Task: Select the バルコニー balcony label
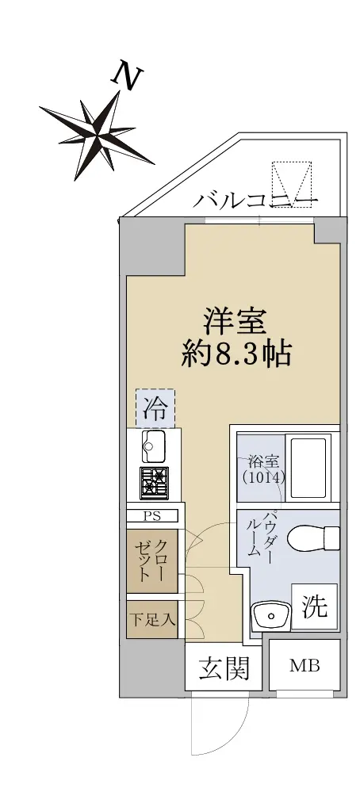point(256,201)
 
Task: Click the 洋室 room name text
point(235,322)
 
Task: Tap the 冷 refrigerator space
point(155,408)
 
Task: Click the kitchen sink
point(155,446)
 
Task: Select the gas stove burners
point(155,482)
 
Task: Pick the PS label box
point(152,515)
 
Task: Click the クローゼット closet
point(152,561)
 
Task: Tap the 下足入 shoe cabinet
point(152,619)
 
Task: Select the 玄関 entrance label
point(224,668)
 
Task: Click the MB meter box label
point(304,666)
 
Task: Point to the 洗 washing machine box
point(314,606)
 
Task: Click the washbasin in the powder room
point(271,616)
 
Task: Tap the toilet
point(313,538)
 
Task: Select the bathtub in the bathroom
point(307,467)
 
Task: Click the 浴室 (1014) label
point(261,469)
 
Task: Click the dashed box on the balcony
point(291,183)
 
